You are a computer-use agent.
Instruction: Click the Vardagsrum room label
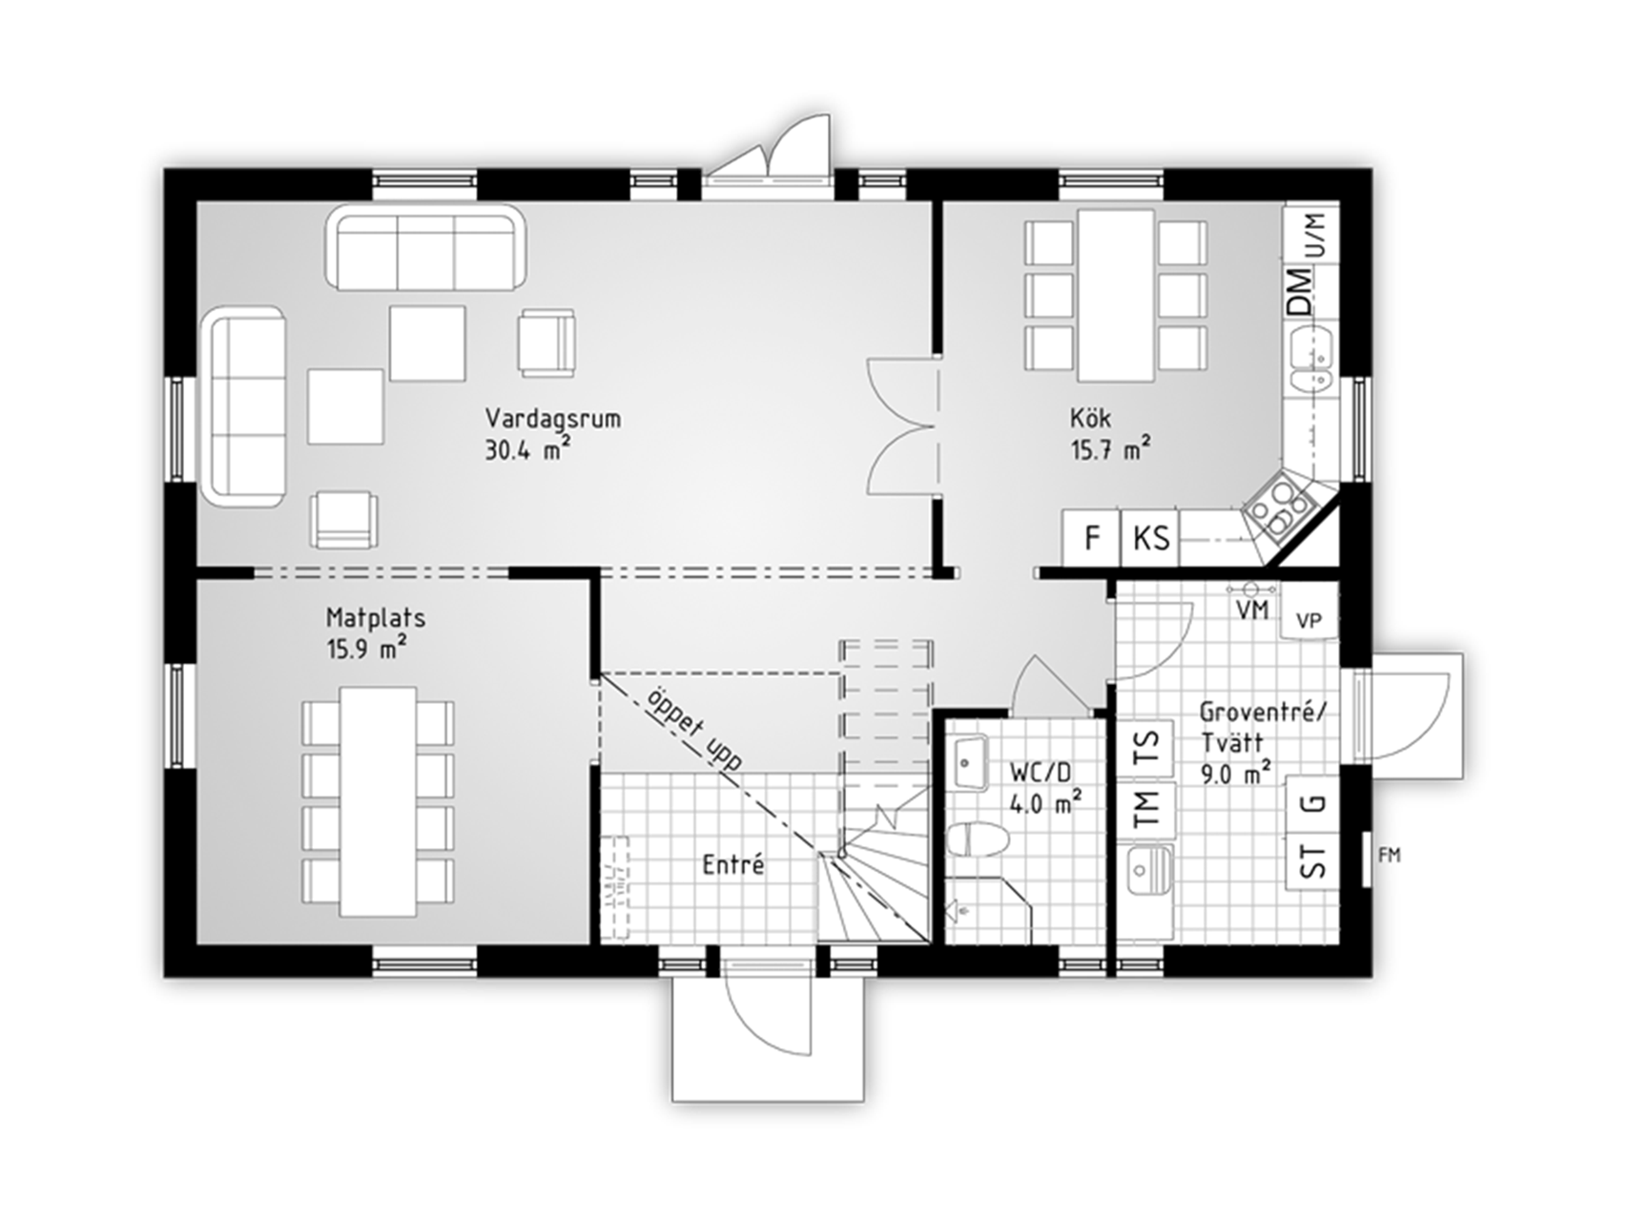click(x=553, y=419)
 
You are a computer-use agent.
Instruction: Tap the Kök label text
click(x=1090, y=418)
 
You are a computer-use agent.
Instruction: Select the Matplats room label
click(x=376, y=617)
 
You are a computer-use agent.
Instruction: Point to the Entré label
click(x=733, y=865)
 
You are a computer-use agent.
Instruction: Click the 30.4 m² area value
click(x=528, y=449)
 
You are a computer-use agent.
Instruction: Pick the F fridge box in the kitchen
click(x=1092, y=538)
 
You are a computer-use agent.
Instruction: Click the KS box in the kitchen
click(x=1150, y=538)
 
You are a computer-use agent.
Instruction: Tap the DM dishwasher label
click(x=1299, y=292)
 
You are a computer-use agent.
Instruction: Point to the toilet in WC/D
click(x=979, y=840)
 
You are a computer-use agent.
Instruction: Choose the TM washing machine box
click(x=1147, y=808)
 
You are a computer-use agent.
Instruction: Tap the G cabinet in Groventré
click(x=1314, y=804)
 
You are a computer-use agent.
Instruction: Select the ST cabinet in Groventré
click(x=1314, y=862)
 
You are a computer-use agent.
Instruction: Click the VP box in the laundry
click(x=1309, y=620)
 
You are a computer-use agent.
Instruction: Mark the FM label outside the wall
click(x=1390, y=856)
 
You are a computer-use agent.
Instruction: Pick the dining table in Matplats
click(x=379, y=801)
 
